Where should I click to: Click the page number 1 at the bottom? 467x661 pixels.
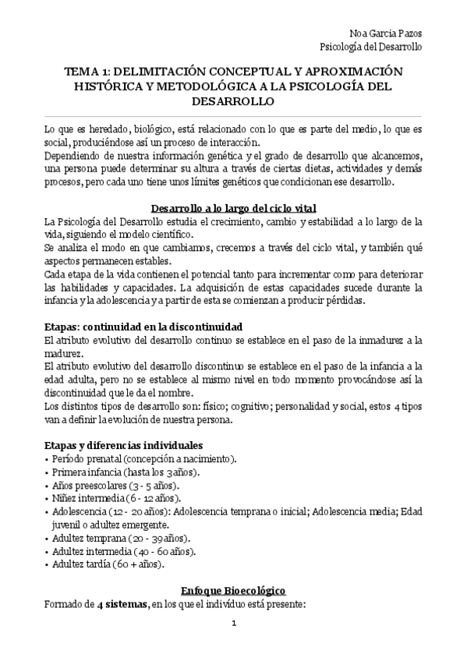point(233,624)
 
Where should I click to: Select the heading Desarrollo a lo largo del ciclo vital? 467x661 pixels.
point(233,208)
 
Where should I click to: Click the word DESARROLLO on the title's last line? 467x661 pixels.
point(233,101)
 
